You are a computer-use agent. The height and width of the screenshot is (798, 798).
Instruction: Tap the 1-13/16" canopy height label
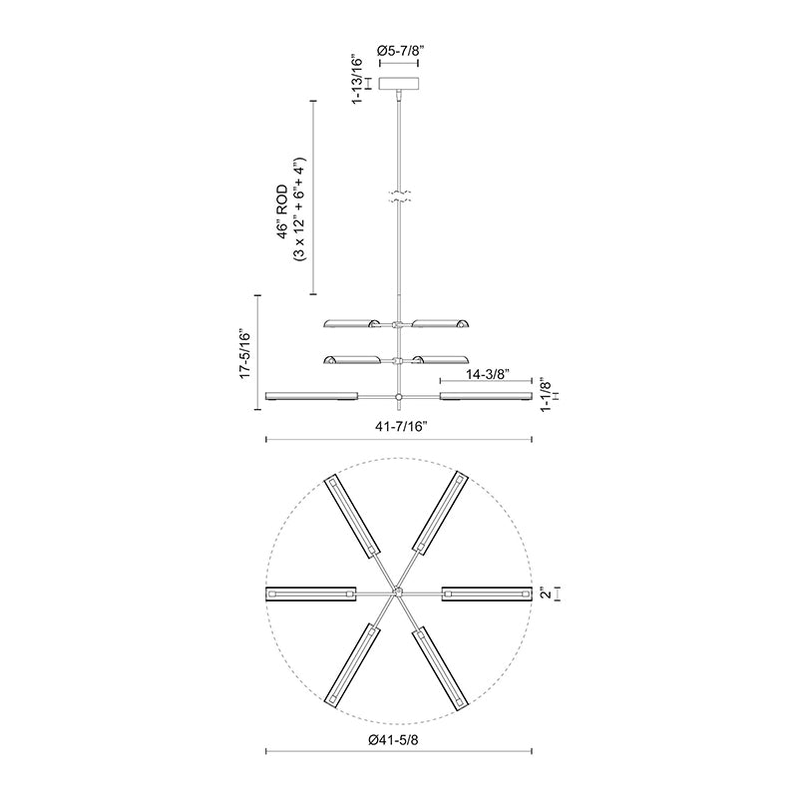358,81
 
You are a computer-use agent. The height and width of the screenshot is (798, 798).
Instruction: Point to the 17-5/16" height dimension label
245,353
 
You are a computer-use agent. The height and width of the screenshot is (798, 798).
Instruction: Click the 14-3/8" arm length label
488,374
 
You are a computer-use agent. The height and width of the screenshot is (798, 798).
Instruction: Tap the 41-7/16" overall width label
401,427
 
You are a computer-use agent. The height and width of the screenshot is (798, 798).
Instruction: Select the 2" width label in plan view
546,594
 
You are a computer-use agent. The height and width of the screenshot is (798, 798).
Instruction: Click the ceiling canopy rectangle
399,83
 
